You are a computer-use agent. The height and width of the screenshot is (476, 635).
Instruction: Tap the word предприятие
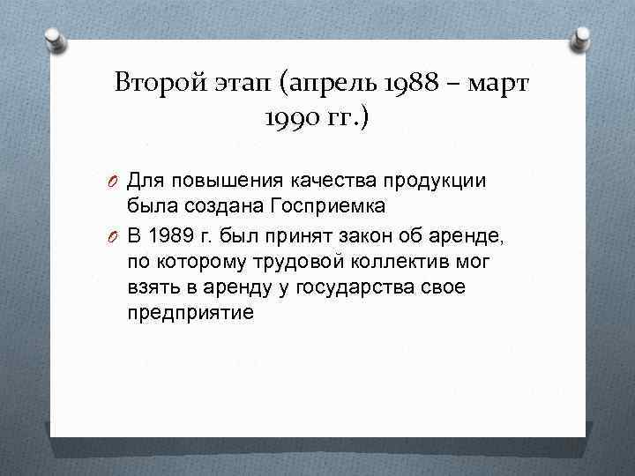[190, 313]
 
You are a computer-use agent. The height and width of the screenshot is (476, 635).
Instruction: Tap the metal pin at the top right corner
[582, 37]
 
